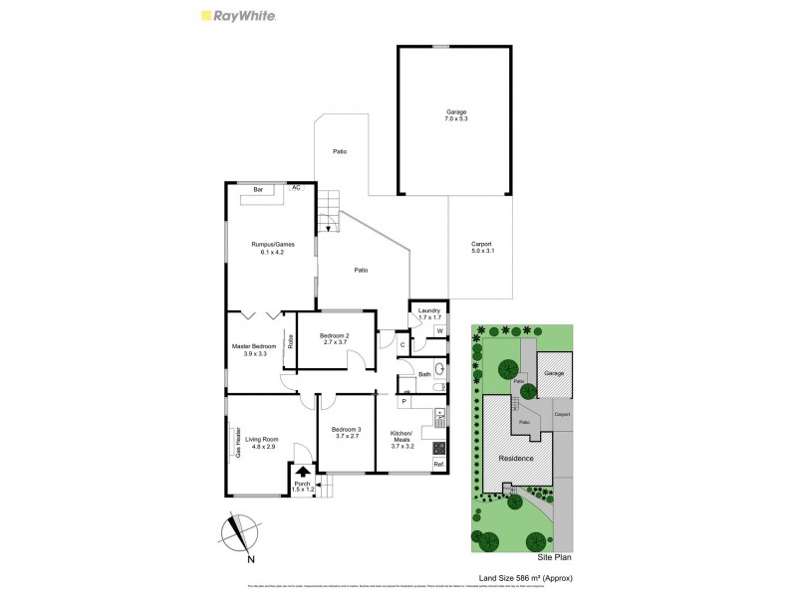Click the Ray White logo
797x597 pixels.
point(238,16)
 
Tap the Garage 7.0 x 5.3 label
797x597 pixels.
point(456,115)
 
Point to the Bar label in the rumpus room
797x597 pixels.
point(257,189)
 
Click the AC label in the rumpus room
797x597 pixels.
point(295,187)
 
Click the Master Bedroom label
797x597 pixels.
point(253,349)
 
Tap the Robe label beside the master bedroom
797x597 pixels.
point(290,340)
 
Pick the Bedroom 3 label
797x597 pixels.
point(346,433)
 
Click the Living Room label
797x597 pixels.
point(262,443)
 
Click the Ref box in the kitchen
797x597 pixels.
point(437,464)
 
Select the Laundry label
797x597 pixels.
point(429,313)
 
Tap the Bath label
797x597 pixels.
point(424,374)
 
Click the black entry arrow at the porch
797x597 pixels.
point(303,472)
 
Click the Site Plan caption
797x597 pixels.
point(554,559)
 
